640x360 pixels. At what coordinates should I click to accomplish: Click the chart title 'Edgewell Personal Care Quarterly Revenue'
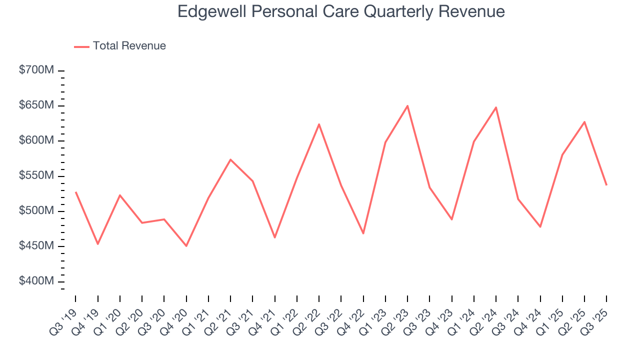pos(341,11)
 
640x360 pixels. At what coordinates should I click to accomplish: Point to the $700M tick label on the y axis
pos(36,70)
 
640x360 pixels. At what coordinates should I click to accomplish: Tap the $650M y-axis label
pos(36,105)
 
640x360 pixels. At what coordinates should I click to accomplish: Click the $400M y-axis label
pos(36,281)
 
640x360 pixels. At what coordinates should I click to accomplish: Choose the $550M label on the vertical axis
pos(36,176)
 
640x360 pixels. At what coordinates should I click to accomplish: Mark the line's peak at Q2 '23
pos(407,105)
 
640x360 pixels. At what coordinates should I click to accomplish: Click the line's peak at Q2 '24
pos(496,107)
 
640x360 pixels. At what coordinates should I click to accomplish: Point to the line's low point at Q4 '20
pos(186,246)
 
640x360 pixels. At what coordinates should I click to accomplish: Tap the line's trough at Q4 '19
pos(98,244)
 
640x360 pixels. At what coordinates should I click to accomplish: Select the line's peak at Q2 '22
pos(319,124)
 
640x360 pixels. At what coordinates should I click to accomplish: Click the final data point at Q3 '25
pos(606,185)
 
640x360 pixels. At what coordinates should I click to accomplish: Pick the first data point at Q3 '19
pos(75,191)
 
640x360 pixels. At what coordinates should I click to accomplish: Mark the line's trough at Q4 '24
pos(540,227)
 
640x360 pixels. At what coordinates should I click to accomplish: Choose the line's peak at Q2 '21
pos(230,159)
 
